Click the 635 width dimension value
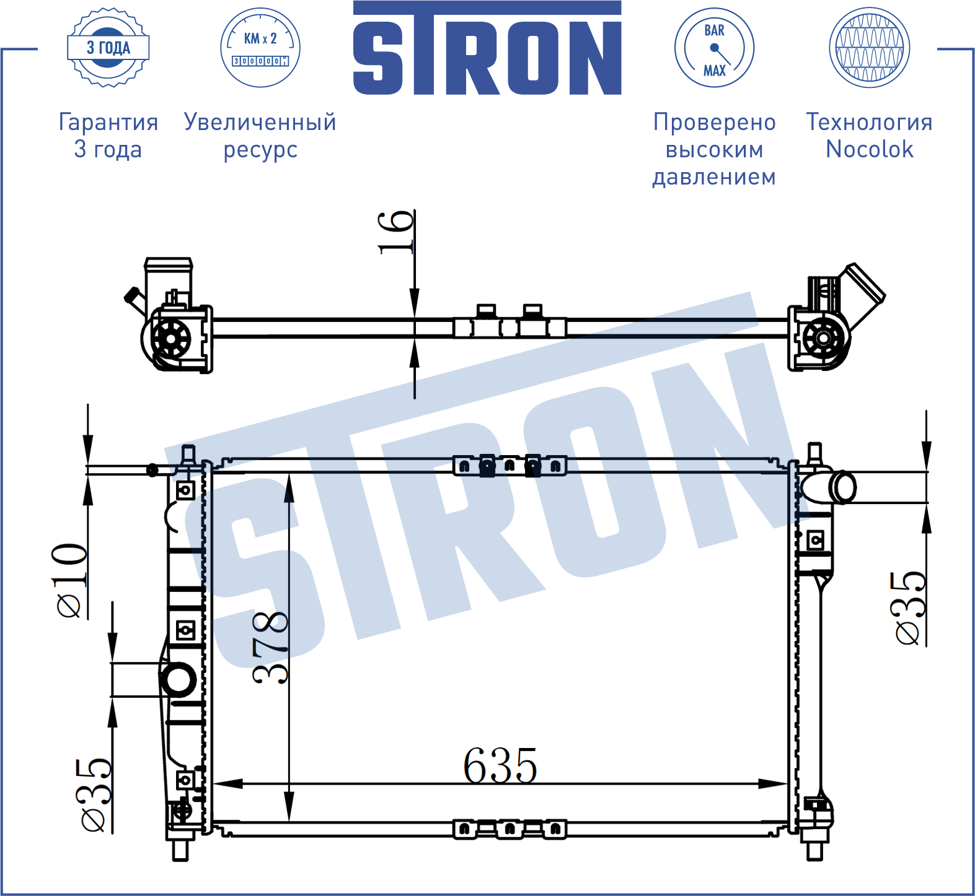coord(500,766)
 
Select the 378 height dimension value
coord(271,647)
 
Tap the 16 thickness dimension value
coord(395,233)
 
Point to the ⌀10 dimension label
coord(69,580)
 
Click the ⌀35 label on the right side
coord(909,607)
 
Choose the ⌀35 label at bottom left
coord(95,794)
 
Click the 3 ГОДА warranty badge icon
coord(108,48)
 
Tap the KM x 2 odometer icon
coord(260,48)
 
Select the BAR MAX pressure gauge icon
coord(714,48)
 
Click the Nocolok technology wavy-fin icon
coord(869,48)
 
